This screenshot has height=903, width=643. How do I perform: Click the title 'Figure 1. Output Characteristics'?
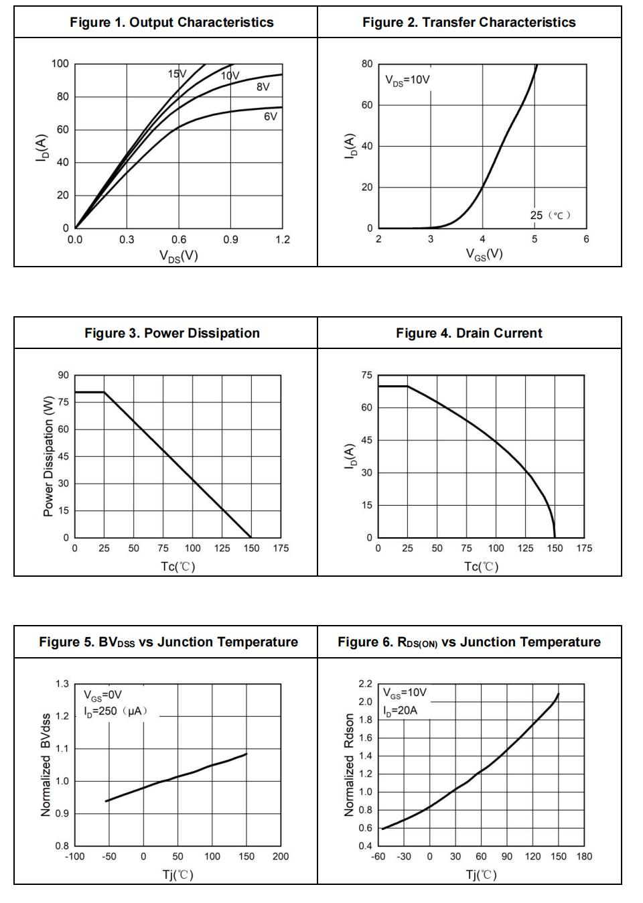(171, 22)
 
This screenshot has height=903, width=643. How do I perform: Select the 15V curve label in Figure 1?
(177, 74)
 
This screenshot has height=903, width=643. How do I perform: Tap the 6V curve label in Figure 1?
(270, 117)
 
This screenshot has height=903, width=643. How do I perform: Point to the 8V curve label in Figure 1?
(263, 87)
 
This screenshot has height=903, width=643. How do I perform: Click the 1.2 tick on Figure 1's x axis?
(283, 240)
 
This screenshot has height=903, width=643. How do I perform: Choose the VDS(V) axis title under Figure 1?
(178, 256)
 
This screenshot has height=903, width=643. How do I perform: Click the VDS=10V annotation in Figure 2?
(407, 80)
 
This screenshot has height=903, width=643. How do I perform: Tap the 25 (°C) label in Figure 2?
(550, 215)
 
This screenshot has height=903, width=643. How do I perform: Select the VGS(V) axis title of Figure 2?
(484, 254)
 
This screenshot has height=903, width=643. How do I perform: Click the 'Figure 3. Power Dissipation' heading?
(172, 333)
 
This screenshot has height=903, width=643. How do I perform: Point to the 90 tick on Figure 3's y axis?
(63, 375)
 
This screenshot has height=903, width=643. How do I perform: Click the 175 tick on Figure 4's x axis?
(584, 548)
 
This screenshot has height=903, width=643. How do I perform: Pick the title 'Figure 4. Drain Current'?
(469, 333)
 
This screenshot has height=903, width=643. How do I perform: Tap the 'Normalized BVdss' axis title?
(46, 765)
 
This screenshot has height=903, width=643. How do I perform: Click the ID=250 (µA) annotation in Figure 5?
(115, 711)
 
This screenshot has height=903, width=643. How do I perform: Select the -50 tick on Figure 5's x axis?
(109, 856)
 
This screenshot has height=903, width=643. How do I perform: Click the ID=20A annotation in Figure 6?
(400, 710)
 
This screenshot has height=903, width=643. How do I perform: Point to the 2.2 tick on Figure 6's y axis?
(365, 684)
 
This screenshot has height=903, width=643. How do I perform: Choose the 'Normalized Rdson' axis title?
(348, 765)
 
